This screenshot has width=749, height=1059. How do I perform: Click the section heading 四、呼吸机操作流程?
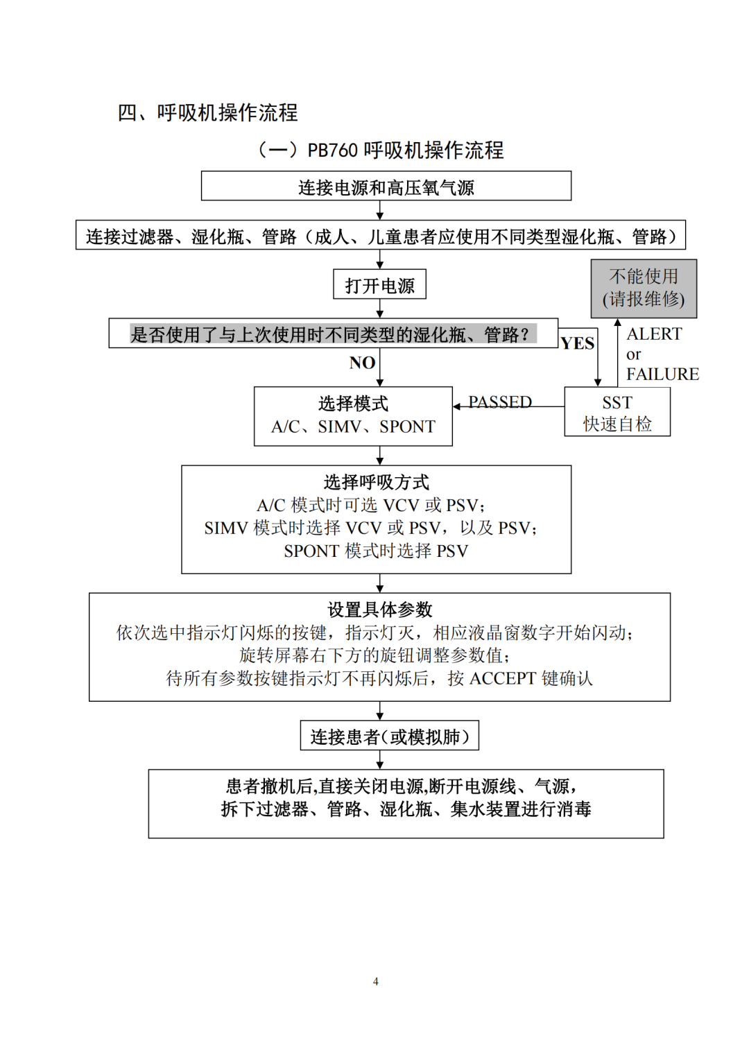[207, 112]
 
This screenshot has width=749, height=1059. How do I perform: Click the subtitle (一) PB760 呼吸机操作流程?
[381, 150]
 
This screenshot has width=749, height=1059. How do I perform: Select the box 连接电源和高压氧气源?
[386, 187]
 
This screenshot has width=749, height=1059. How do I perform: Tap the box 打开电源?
[379, 285]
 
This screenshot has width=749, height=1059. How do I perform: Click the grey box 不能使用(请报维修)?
[644, 289]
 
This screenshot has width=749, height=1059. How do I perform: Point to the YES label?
[577, 343]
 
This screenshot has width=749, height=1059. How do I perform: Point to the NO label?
[362, 363]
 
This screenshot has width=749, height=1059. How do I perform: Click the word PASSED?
[499, 402]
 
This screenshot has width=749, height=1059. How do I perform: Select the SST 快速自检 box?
[617, 412]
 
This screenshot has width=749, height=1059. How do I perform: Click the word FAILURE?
[662, 374]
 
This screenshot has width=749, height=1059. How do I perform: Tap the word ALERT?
[654, 334]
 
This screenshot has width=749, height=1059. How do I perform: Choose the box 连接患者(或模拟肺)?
[389, 736]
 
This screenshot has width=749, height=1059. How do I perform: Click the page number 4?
[376, 981]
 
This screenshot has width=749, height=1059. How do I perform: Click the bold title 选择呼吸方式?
[376, 482]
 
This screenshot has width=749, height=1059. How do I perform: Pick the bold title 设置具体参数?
[379, 610]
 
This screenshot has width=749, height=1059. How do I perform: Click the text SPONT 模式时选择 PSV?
[376, 551]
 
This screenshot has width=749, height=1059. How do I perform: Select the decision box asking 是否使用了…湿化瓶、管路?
[333, 334]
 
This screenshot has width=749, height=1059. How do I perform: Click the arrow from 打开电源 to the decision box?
[379, 309]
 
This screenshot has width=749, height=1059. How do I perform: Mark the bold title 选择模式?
[353, 404]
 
